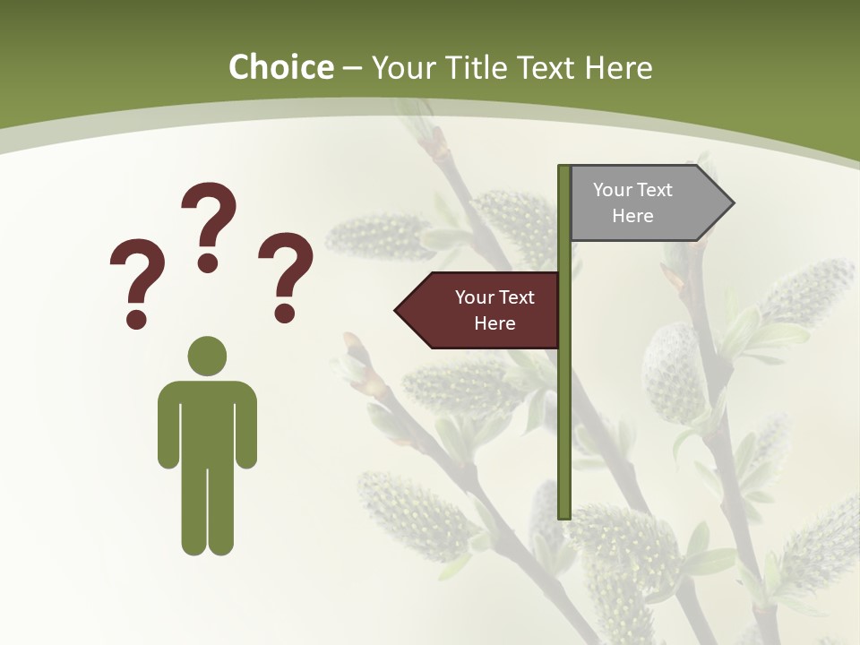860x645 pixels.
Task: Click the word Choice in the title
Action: pos(281,67)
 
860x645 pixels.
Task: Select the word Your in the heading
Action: pos(400,67)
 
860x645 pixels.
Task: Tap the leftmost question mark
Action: pos(136,278)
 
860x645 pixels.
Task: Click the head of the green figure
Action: pos(207,356)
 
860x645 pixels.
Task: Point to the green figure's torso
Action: pos(207,421)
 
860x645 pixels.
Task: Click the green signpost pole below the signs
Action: pos(564,430)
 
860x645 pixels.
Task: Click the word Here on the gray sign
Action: pos(632,216)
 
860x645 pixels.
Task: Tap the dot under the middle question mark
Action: pos(208,262)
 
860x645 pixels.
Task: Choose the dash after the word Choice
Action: pos(352,68)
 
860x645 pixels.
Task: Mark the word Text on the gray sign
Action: pos(654,190)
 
